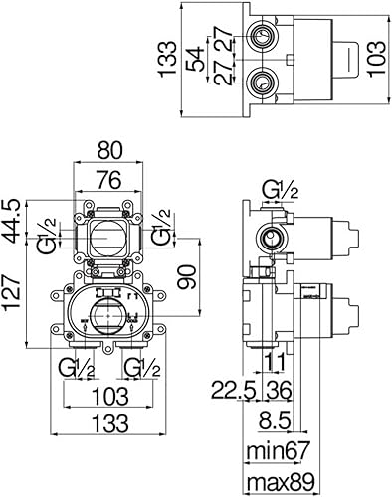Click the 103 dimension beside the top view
pyautogui.click(x=376, y=59)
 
